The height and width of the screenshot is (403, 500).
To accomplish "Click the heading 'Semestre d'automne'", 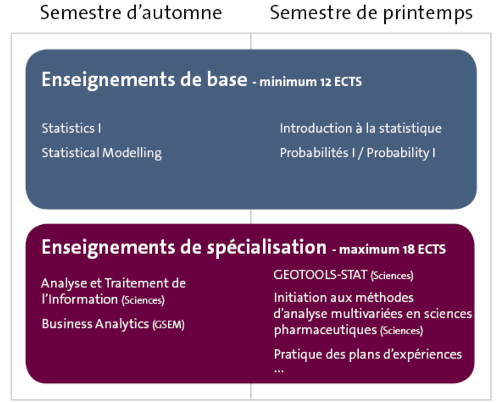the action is click(x=131, y=13).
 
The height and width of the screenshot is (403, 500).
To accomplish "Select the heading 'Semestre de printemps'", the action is click(x=371, y=14).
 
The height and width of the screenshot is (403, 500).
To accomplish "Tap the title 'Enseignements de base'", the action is click(x=145, y=80).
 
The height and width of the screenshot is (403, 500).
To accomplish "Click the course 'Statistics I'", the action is click(x=71, y=128).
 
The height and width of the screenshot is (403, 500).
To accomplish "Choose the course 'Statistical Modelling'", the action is click(x=102, y=153).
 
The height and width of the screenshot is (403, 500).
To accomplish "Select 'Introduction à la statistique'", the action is click(x=360, y=128).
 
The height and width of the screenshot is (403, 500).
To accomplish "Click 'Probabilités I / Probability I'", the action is click(x=358, y=153).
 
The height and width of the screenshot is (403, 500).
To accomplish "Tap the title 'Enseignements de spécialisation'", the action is click(x=184, y=248).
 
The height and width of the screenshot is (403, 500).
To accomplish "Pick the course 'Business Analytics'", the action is click(x=95, y=324).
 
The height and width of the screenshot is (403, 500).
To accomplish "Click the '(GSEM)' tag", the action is click(x=168, y=325).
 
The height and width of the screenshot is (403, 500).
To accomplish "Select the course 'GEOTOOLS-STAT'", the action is click(x=320, y=275).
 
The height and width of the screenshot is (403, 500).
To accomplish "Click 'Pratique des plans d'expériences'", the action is click(x=368, y=354).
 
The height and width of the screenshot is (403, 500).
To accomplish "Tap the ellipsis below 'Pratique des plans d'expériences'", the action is click(x=279, y=370).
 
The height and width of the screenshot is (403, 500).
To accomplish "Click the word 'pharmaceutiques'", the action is click(x=325, y=330).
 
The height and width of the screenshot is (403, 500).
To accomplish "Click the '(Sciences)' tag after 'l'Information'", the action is click(x=143, y=300).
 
